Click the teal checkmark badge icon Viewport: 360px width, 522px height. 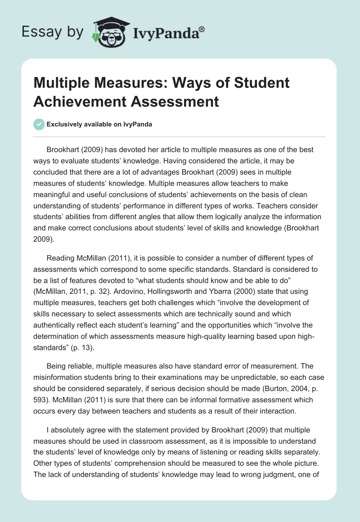tap(39, 124)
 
